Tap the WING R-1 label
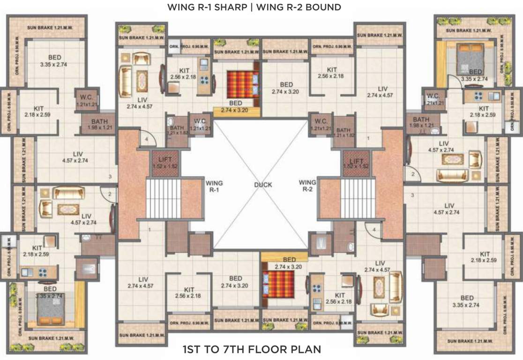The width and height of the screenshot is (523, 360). coord(214,186)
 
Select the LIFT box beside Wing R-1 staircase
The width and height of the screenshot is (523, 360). coord(164,163)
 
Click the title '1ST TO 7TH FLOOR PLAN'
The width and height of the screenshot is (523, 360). coord(252,349)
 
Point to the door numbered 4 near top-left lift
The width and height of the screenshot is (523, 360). coord(146,139)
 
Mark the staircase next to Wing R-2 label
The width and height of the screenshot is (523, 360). coord(358,198)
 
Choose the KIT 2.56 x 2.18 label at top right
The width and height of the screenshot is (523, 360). coord(331,73)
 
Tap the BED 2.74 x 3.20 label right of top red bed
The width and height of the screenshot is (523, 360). coord(285,88)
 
